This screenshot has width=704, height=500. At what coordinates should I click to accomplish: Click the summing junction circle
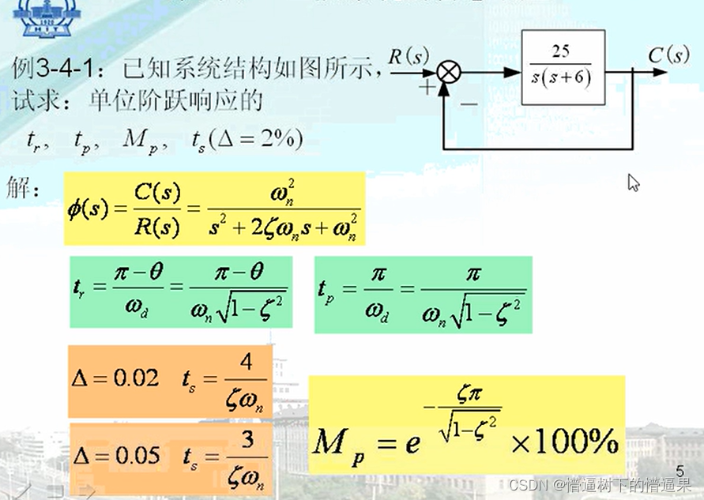[449, 73]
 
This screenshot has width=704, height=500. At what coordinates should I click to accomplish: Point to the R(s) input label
[408, 55]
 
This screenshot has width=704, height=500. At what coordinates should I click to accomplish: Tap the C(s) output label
[668, 55]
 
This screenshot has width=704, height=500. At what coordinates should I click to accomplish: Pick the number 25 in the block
[561, 52]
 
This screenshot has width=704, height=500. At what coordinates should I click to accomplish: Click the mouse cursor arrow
[633, 182]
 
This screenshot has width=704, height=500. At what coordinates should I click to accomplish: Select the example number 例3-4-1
[62, 69]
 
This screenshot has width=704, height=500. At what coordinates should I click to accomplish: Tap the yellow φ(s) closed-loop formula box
[214, 209]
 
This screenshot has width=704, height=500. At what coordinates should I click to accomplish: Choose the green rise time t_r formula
[181, 291]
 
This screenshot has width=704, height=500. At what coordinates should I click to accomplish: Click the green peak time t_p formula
[423, 294]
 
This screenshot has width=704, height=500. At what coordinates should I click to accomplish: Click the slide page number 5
[680, 470]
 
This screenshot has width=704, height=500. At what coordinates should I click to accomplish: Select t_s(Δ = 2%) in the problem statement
[248, 141]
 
